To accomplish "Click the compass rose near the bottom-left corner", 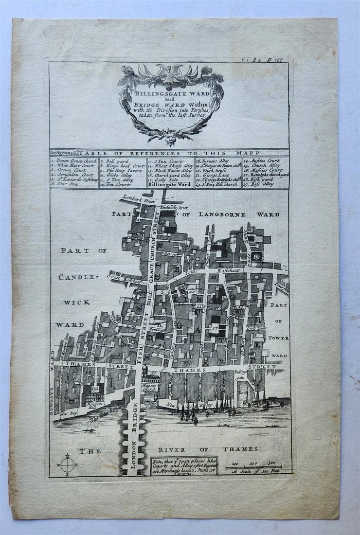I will point(68,465).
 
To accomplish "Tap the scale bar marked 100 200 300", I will point(253,467).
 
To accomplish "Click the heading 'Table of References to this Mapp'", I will point(180,153).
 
